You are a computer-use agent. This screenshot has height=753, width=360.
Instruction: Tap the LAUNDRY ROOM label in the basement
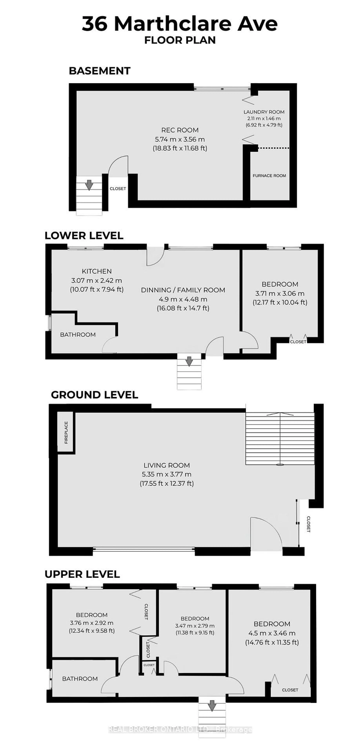tap(264, 112)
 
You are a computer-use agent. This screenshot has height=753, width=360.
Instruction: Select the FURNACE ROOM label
tap(269, 176)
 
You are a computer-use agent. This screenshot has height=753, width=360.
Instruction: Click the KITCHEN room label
tap(97, 271)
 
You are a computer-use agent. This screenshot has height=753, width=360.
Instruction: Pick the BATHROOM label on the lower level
tap(78, 335)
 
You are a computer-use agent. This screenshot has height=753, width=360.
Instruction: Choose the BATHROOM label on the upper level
tap(80, 679)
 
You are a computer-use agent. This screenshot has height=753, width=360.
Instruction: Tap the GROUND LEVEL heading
tap(94, 395)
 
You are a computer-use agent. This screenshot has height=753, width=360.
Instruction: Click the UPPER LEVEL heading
tap(82, 574)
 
